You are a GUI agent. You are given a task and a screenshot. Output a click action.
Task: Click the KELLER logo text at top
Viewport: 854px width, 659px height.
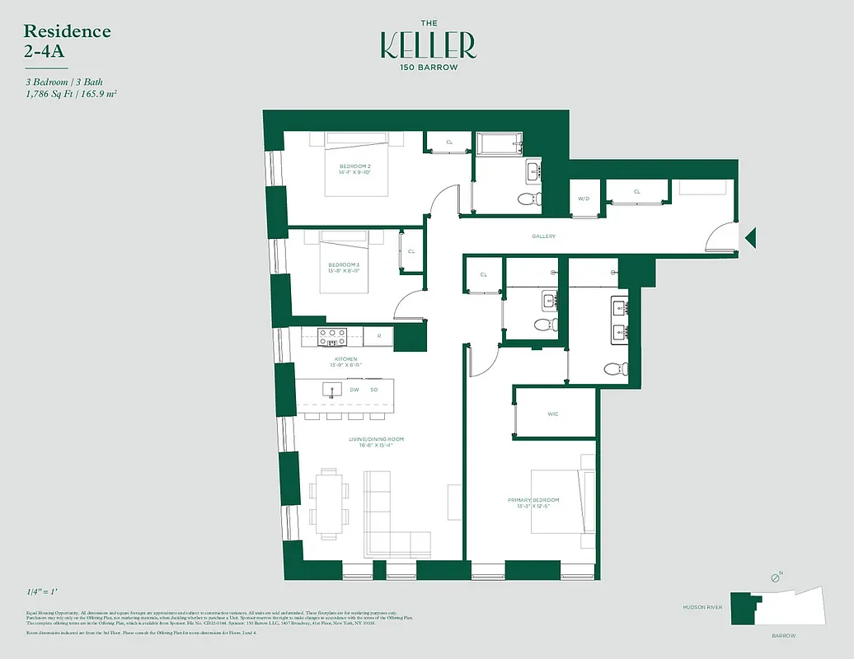tap(428, 45)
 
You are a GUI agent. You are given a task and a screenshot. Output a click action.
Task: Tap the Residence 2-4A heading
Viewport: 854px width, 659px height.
tap(67, 40)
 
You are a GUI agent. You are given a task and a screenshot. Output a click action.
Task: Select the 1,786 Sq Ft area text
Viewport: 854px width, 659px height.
tap(50, 95)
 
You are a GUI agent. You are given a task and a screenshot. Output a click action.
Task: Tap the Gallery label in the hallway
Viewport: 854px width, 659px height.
tap(543, 236)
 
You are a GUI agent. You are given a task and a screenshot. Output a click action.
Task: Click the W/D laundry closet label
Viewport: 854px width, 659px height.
tap(584, 199)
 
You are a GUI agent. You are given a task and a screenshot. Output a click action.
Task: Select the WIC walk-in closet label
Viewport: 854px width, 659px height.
tap(553, 414)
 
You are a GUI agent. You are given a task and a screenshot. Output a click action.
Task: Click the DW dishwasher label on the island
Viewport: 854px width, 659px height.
tap(354, 390)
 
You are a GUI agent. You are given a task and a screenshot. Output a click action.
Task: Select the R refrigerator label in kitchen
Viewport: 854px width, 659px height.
tap(378, 336)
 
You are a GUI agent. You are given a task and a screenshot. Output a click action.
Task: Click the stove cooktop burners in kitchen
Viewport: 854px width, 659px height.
tap(332, 336)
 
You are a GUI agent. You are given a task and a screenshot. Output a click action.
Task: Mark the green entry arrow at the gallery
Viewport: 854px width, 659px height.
tap(750, 239)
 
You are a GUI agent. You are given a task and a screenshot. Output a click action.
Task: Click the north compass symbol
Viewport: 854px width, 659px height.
tap(775, 579)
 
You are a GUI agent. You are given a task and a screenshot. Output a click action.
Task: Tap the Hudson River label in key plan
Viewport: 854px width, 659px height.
tap(703, 607)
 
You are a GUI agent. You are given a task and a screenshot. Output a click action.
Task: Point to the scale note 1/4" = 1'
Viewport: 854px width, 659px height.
tap(43, 592)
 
